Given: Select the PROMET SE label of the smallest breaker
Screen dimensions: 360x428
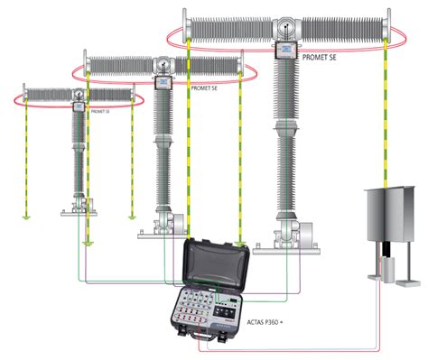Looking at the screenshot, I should click(x=101, y=113).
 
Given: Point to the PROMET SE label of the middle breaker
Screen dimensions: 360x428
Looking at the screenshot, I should click(x=204, y=89).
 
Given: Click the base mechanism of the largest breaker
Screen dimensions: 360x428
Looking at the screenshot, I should click(x=287, y=235).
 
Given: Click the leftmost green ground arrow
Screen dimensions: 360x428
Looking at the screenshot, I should click(x=26, y=217).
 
